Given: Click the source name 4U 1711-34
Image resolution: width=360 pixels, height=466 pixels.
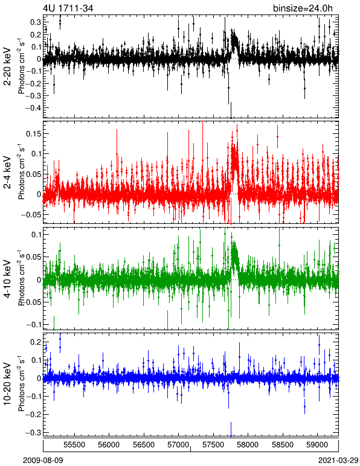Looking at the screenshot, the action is pyautogui.click(x=68, y=8).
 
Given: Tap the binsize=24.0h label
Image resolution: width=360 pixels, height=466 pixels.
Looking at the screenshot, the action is pyautogui.click(x=303, y=8).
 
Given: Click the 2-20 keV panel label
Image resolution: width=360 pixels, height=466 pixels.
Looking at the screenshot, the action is pyautogui.click(x=7, y=66).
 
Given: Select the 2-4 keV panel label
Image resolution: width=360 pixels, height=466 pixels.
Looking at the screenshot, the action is pyautogui.click(x=7, y=173).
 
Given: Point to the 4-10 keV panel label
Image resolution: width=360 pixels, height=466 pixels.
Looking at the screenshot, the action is pyautogui.click(x=7, y=279).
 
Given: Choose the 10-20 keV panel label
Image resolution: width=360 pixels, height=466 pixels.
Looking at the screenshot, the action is pyautogui.click(x=7, y=384).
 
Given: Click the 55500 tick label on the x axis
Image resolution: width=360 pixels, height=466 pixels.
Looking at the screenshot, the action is pyautogui.click(x=74, y=445).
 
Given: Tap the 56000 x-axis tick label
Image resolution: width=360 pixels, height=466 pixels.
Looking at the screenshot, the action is pyautogui.click(x=109, y=445).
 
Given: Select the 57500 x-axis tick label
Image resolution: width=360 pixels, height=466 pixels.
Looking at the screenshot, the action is pyautogui.click(x=213, y=445).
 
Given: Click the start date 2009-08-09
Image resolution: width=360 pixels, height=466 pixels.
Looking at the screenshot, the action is pyautogui.click(x=43, y=461).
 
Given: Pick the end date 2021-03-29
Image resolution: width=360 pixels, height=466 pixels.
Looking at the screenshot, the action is pyautogui.click(x=338, y=461).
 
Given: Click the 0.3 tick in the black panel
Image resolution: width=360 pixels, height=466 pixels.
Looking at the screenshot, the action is pyautogui.click(x=35, y=22).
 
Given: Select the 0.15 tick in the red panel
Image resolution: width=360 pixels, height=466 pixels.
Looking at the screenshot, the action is pyautogui.click(x=33, y=134).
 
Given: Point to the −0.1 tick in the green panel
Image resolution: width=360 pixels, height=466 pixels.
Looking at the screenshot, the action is pyautogui.click(x=33, y=325).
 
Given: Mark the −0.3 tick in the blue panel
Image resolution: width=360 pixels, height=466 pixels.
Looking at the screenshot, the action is pyautogui.click(x=33, y=432).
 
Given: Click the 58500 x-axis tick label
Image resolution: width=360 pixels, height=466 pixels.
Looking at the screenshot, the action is pyautogui.click(x=283, y=445).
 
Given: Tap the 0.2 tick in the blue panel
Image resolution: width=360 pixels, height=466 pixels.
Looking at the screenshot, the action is pyautogui.click(x=35, y=342).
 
